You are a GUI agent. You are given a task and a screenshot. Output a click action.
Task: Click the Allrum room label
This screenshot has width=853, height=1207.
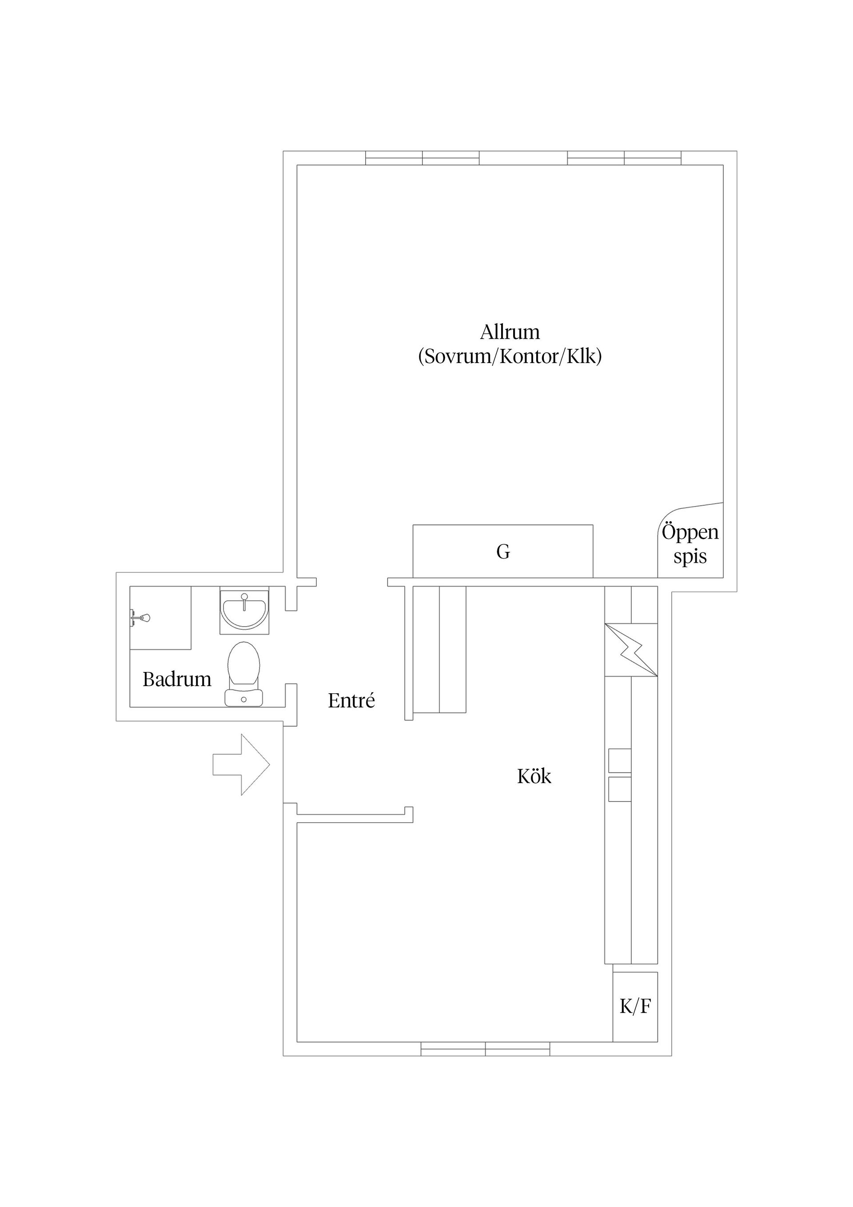(x=510, y=332)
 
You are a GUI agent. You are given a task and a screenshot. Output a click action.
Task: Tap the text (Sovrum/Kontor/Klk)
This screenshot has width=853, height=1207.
(x=510, y=357)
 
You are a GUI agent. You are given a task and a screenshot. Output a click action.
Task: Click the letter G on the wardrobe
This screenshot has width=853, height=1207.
(x=503, y=552)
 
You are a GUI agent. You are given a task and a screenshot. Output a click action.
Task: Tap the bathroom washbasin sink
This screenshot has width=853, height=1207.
(x=244, y=610)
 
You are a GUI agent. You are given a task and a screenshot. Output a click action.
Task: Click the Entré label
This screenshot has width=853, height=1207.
(x=351, y=701)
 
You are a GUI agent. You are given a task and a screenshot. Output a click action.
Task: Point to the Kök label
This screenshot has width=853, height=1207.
(x=534, y=776)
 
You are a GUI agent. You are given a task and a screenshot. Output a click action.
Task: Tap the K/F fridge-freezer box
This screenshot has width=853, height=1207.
(x=635, y=1006)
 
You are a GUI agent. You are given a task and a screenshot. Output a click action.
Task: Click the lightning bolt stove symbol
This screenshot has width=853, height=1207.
(x=631, y=649)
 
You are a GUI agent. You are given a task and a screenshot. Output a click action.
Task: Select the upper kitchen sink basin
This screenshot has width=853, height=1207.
(x=620, y=761)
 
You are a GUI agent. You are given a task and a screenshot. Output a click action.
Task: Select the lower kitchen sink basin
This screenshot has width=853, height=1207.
(x=620, y=790)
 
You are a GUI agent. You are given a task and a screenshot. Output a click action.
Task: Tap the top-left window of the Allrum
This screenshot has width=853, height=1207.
(x=422, y=158)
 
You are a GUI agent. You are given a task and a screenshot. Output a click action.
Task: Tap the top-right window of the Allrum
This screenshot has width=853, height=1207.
(x=624, y=158)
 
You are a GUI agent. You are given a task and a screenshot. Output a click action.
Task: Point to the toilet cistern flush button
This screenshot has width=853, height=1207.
(x=243, y=699)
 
